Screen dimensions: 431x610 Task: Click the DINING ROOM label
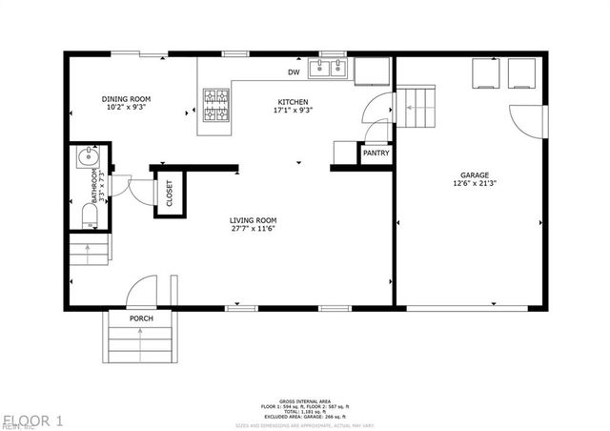[127, 99]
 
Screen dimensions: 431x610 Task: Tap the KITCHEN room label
[293, 101]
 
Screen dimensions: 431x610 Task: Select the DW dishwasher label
[294, 72]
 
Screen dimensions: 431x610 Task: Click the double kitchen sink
[333, 69]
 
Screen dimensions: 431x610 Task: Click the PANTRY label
[374, 153]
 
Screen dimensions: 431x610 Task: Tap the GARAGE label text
[474, 175]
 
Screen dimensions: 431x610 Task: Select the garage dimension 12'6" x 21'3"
[474, 185]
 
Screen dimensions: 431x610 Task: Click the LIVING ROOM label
[253, 220]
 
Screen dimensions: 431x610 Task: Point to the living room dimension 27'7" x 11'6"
[253, 230]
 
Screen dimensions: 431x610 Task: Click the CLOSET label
[170, 194]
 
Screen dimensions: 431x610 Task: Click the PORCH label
[141, 318]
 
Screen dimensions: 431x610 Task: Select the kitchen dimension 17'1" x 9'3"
[293, 111]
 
